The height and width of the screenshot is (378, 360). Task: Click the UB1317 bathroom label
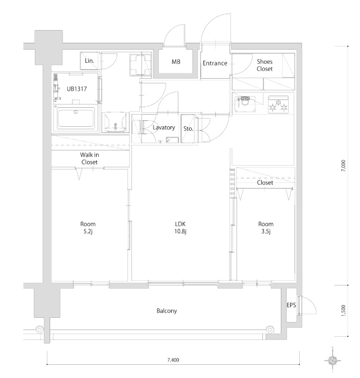pos(77,89)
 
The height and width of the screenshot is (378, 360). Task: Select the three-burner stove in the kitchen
pos(278,105)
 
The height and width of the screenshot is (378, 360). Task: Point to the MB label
pos(176,62)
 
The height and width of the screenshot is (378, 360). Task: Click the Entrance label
pos(215,63)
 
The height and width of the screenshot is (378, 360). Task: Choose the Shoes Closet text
pos(264,65)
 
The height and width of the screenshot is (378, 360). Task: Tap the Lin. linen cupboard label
pos(89,61)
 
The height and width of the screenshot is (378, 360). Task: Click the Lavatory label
pos(164,128)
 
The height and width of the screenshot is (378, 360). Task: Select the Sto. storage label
pos(188,129)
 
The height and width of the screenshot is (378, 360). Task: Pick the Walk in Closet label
pos(89,158)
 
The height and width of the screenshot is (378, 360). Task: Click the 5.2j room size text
pos(88,231)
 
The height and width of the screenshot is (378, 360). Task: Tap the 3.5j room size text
pos(266,231)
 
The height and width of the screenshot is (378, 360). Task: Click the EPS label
pos(291,305)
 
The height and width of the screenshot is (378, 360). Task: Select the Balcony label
pos(167,311)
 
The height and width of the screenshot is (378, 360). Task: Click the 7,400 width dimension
pos(173,360)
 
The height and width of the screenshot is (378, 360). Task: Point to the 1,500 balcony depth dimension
pos(344,311)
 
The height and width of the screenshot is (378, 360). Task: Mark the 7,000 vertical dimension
pos(344,166)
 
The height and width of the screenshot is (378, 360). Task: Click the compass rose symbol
pos(333,361)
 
